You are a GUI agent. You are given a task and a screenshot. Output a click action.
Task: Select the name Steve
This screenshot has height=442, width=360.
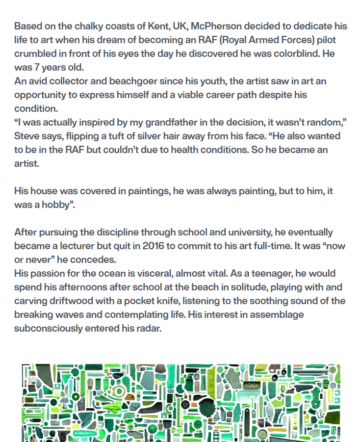(x=26, y=136)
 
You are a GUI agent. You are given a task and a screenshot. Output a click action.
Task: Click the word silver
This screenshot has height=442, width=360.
(x=185, y=136)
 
